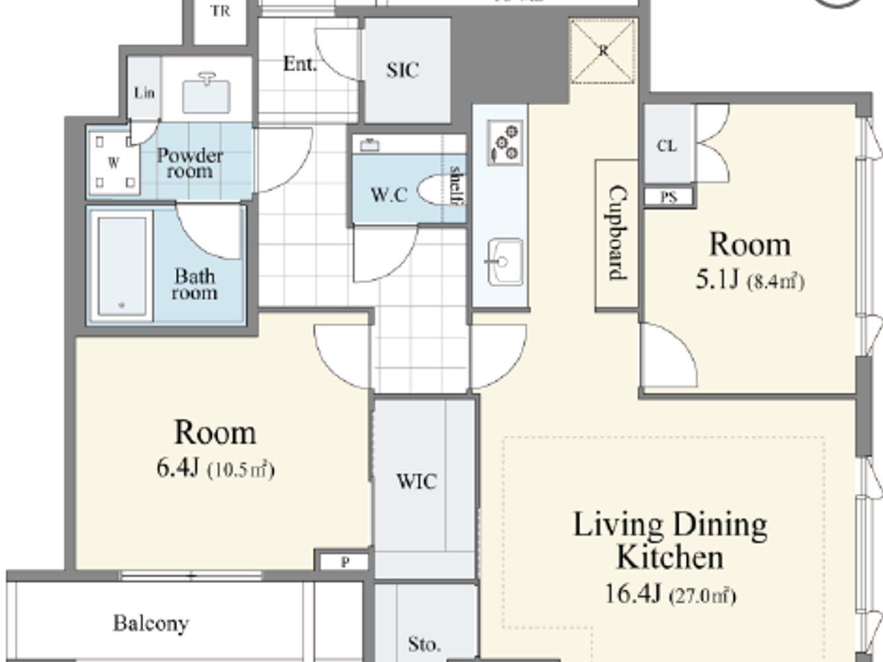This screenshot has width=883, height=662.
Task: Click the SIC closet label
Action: pos(402,70)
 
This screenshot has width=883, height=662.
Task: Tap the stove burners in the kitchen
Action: pos(505,143)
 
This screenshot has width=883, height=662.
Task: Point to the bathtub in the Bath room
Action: pos(121,265)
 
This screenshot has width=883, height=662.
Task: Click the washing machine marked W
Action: pos(114,163)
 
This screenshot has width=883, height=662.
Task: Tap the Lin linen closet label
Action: pos(144,93)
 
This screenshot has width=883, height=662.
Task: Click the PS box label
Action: pos(669,197)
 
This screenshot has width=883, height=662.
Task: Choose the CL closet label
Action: pos(667,146)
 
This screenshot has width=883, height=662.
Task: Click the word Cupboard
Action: pos(617,233)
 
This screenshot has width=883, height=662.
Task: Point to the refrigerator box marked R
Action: pos(603,51)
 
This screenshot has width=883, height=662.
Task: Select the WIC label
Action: pos(416,482)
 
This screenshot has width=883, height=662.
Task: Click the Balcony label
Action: pos(151,623)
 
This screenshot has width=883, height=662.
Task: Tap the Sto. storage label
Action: pos(423,644)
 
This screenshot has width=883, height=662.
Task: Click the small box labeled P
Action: pos(345,562)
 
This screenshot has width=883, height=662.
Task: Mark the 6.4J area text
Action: pos(178,468)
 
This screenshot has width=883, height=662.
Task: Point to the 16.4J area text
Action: pos(633,593)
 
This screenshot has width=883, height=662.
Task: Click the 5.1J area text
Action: pos(717,279)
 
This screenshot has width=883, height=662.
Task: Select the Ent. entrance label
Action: pos(299,64)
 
